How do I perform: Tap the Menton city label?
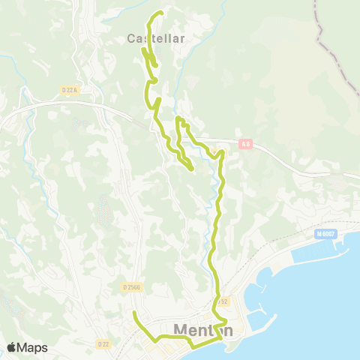pos(203,330)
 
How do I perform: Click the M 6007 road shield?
pos(325,235)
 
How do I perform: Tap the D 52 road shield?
pos(223,301)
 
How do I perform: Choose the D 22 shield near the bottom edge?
pos(103,343)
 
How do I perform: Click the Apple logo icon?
pos(11,347)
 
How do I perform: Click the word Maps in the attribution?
pos(32,347)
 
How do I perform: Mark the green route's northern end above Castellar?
pos(161,13)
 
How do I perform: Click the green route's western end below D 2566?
pos(133,312)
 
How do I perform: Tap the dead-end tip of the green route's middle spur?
pos(193,169)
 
